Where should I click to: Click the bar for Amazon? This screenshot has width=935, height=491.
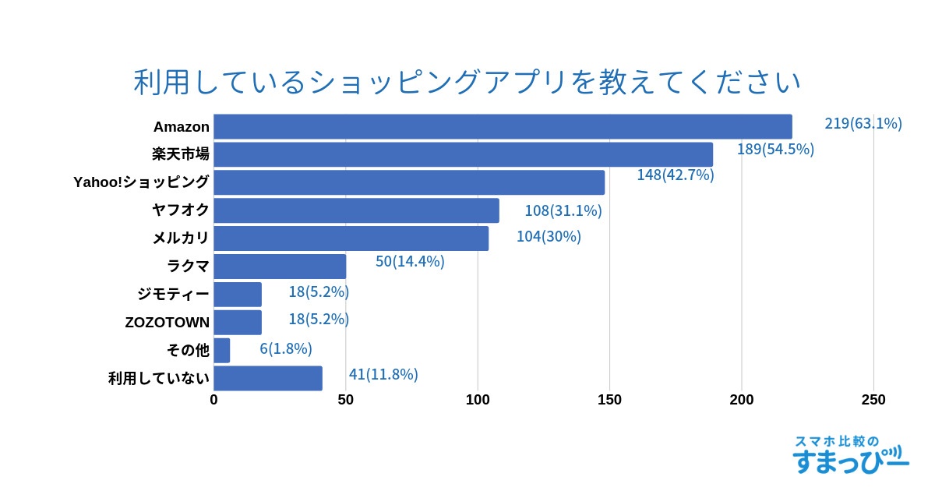(x=503, y=127)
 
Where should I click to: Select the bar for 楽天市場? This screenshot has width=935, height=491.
(x=463, y=154)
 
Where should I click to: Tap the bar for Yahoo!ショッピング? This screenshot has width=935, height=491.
(x=409, y=182)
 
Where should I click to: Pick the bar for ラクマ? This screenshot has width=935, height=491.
(x=280, y=267)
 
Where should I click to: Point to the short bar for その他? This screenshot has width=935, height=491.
(x=222, y=351)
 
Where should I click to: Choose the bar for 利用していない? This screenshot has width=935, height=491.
(x=268, y=378)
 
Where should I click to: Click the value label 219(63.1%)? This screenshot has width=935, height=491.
(x=863, y=123)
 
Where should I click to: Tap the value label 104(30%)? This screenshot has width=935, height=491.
(x=549, y=236)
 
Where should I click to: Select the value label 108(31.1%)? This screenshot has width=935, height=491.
(x=563, y=210)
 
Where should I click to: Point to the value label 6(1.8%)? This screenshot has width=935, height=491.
(x=286, y=348)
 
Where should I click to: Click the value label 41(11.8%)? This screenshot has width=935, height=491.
(x=383, y=374)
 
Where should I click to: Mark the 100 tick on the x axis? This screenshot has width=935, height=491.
(x=478, y=400)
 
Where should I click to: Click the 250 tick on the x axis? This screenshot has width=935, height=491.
(x=873, y=400)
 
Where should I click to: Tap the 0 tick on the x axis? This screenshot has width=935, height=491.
(x=214, y=400)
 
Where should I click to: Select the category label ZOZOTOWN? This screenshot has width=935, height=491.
(x=167, y=323)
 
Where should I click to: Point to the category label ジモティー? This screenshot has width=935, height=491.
(x=173, y=295)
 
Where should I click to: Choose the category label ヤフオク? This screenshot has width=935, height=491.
(x=181, y=210)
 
